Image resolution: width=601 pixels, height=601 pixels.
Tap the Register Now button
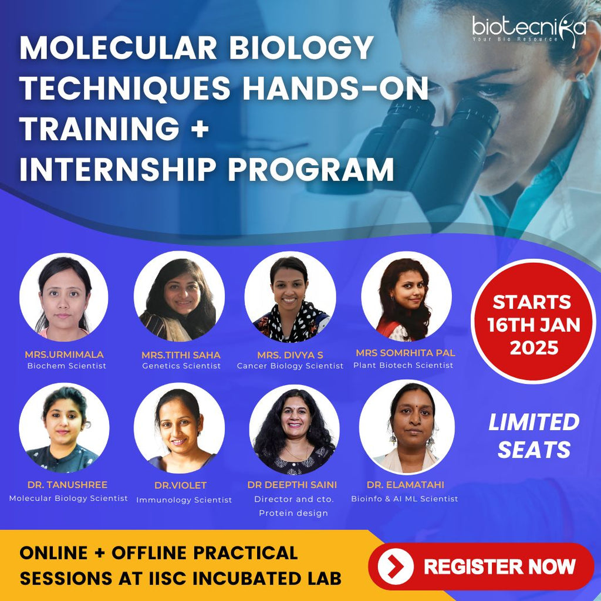(x=481, y=566)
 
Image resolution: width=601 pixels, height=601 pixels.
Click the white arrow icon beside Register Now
(x=396, y=566)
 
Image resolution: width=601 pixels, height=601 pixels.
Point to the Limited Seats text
(x=534, y=435)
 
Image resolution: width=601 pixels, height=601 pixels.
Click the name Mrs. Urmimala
(x=64, y=354)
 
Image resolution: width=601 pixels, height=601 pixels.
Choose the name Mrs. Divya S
(x=290, y=355)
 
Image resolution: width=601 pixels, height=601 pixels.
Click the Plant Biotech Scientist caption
(x=403, y=365)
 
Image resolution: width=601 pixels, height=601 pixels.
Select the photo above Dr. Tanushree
(x=64, y=428)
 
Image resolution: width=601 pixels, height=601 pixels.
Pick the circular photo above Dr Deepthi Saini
(x=294, y=428)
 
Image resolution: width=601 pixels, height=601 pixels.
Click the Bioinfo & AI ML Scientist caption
(x=404, y=499)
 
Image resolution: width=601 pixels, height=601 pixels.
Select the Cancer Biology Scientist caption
(x=290, y=366)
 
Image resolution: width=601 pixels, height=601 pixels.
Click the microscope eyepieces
(x=428, y=126)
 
